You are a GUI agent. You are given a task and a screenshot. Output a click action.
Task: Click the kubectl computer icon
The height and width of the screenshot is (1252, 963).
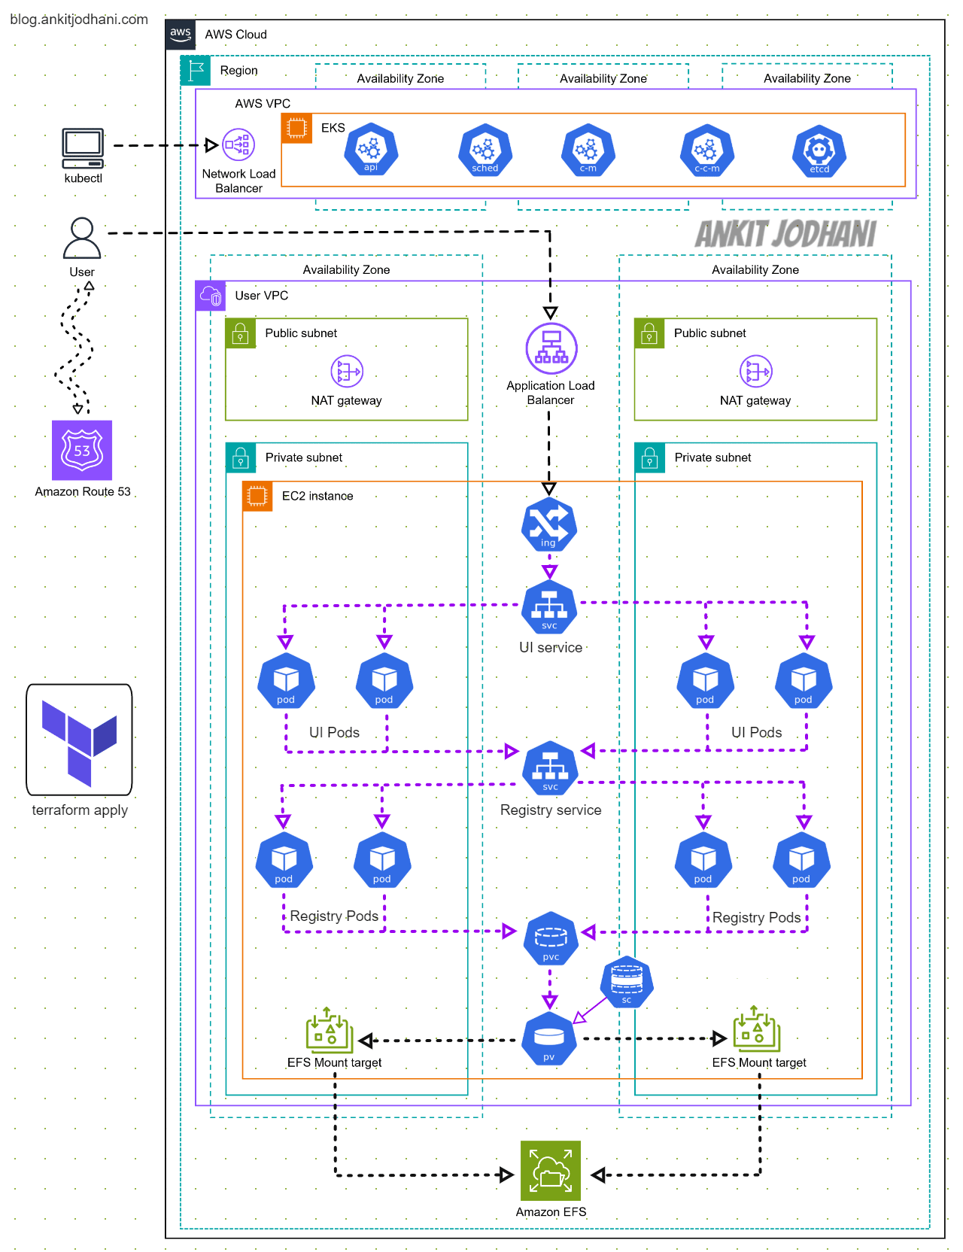tap(83, 148)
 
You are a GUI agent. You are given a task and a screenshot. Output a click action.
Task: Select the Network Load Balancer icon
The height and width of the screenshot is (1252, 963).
tap(238, 145)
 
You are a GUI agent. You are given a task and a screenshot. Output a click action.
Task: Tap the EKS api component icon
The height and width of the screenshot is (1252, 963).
tap(371, 150)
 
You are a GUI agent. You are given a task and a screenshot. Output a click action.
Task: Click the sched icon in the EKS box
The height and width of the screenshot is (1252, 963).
tap(485, 150)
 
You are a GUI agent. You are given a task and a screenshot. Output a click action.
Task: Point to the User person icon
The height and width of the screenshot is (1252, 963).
tap(82, 238)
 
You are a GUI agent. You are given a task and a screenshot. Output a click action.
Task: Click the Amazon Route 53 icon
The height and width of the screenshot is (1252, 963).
tap(82, 450)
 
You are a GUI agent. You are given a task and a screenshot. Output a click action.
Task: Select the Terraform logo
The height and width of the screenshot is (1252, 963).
tap(79, 740)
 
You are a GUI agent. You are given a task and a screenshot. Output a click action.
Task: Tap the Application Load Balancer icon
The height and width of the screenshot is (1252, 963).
tap(551, 348)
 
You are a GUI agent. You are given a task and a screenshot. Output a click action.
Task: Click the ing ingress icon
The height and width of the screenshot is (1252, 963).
tap(549, 524)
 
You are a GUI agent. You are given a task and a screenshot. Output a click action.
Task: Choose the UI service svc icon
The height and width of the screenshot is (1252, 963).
tap(549, 607)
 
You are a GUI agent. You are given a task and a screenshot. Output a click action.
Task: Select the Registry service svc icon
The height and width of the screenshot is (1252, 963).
tap(550, 768)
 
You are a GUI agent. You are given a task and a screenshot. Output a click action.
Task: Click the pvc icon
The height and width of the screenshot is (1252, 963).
tap(551, 939)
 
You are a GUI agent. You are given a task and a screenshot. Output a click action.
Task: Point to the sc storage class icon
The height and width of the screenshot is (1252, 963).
tap(627, 982)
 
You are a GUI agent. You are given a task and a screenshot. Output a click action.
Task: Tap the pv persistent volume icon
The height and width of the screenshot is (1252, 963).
tap(549, 1039)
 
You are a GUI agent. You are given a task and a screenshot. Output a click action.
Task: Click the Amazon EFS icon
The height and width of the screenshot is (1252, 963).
tap(551, 1171)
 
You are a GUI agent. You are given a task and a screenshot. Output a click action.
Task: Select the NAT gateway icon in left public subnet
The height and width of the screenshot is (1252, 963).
tap(347, 371)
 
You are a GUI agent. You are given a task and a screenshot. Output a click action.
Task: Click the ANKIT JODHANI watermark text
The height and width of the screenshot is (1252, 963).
tap(785, 234)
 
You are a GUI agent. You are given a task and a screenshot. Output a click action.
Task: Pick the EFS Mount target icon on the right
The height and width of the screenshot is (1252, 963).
tap(756, 1029)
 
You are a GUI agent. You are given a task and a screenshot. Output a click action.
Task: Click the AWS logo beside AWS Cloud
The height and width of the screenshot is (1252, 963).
tap(181, 34)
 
